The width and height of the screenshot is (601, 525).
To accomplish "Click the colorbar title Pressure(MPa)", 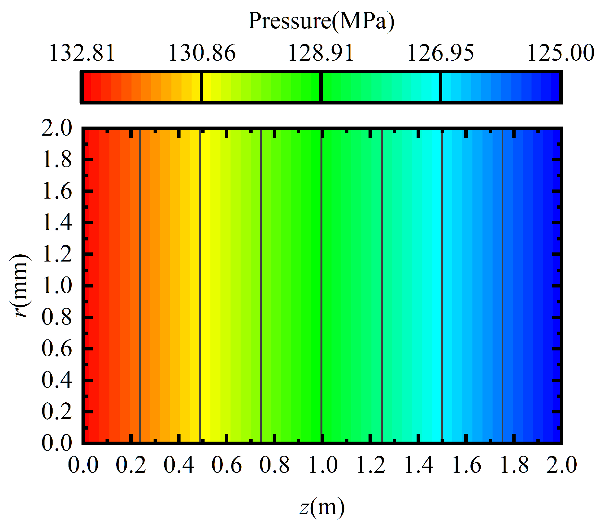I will pyautogui.click(x=321, y=21).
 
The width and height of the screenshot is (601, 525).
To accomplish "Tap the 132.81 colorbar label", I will pyautogui.click(x=82, y=53).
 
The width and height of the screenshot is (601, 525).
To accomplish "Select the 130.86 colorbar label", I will pyautogui.click(x=202, y=53).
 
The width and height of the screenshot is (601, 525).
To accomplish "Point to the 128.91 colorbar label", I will pyautogui.click(x=321, y=53).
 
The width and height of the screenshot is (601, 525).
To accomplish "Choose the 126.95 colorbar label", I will pyautogui.click(x=440, y=53).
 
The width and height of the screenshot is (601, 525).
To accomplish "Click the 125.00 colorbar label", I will pyautogui.click(x=560, y=53).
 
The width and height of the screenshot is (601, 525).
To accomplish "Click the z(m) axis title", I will pyautogui.click(x=322, y=507).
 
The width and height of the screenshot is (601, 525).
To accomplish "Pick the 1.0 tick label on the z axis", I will pyautogui.click(x=322, y=465).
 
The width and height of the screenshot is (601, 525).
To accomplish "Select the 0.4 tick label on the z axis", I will pyautogui.click(x=179, y=465).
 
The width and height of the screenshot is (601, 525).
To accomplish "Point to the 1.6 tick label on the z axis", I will pyautogui.click(x=466, y=465).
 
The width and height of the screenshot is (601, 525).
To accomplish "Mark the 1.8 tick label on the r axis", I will pyautogui.click(x=57, y=160).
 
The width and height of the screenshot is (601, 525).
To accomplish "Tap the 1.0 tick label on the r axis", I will pyautogui.click(x=57, y=286).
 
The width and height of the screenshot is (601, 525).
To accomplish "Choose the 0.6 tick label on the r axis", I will pyautogui.click(x=57, y=349).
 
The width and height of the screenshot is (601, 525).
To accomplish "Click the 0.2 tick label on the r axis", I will pyautogui.click(x=57, y=412).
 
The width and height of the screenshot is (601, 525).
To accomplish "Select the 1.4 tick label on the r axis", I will pyautogui.click(x=57, y=223).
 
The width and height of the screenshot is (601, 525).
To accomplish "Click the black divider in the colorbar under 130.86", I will pyautogui.click(x=201, y=87).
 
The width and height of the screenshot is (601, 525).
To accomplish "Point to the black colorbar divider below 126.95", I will pyautogui.click(x=440, y=87).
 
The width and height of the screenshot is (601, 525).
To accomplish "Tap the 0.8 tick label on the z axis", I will pyautogui.click(x=274, y=465).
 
